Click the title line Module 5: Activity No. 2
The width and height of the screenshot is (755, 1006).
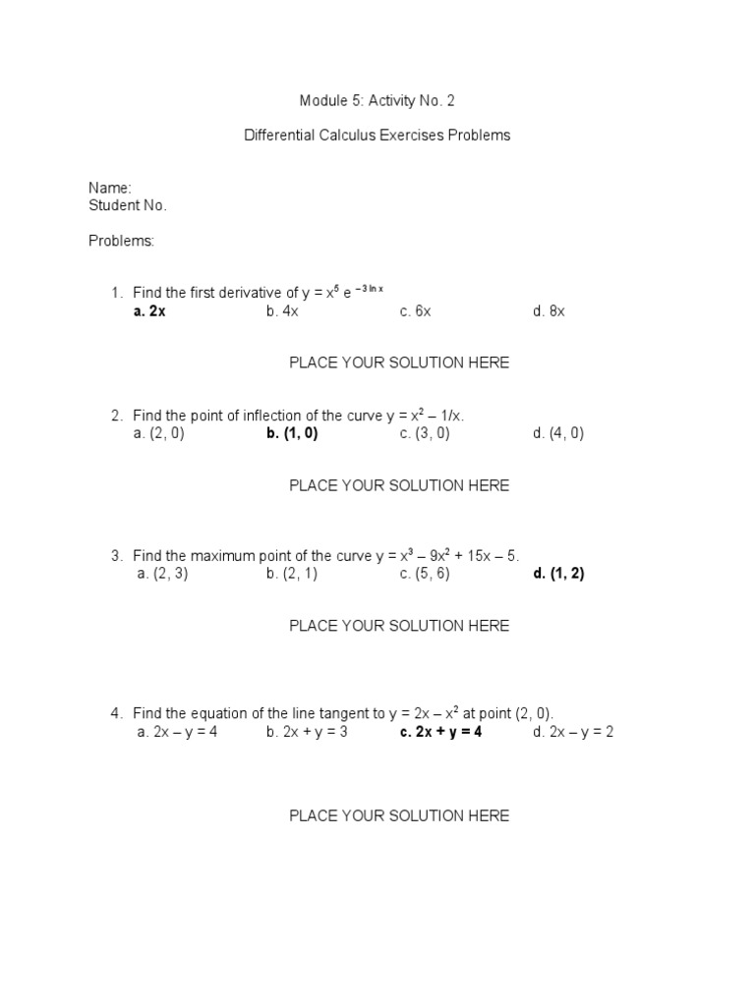pos(377,101)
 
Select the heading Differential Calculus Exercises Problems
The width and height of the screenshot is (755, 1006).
pos(377,136)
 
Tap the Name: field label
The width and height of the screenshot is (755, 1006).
pos(109,188)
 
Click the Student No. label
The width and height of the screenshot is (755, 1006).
pos(128,205)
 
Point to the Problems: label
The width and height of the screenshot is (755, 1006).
pos(121,241)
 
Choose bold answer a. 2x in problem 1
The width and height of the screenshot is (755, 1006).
pos(149,311)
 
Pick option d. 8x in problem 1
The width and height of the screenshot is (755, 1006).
pos(549,311)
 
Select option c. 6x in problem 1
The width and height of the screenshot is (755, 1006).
pos(415,311)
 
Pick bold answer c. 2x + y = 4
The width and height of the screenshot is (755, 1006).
pos(440,732)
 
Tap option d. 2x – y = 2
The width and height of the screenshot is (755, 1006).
pos(573,732)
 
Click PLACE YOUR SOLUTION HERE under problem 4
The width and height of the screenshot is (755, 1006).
pos(398,815)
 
